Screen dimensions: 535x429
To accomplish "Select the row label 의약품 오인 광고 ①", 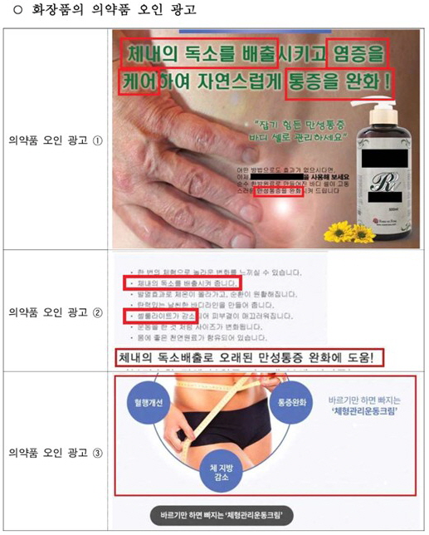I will point(56,140).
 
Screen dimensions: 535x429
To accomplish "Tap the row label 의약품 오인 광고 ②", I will point(56,312).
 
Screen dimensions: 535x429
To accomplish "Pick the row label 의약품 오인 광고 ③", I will point(56,454).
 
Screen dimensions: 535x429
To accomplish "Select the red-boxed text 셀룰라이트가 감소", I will point(157,316).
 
